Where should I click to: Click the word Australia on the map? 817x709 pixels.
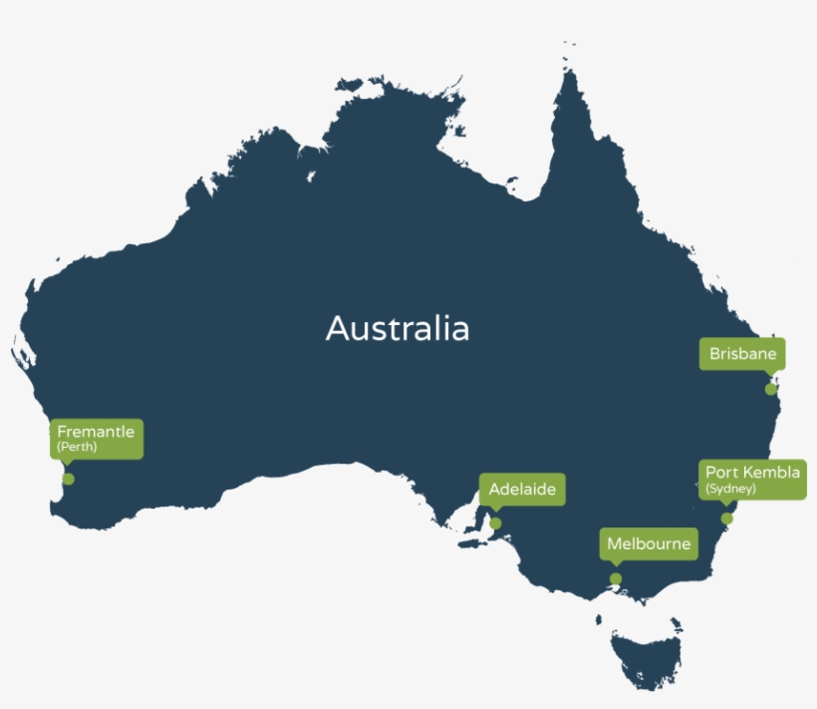pyautogui.click(x=397, y=328)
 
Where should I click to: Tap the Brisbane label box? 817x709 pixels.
pyautogui.click(x=742, y=354)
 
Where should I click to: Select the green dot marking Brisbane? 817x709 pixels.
pyautogui.click(x=770, y=389)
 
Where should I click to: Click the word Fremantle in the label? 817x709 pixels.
pyautogui.click(x=96, y=432)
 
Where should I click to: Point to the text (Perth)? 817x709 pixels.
pyautogui.click(x=77, y=448)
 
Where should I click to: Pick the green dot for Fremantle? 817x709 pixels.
pyautogui.click(x=68, y=479)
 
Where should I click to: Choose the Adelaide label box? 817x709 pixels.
pyautogui.click(x=522, y=490)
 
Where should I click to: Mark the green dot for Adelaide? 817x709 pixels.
pyautogui.click(x=495, y=524)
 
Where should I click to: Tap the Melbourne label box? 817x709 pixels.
pyautogui.click(x=649, y=545)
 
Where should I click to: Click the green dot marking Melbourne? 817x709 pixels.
pyautogui.click(x=616, y=579)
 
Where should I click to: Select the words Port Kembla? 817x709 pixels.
pyautogui.click(x=752, y=472)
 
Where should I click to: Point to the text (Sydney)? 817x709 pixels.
pyautogui.click(x=730, y=489)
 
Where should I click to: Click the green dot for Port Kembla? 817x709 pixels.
pyautogui.click(x=727, y=519)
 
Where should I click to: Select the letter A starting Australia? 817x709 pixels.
pyautogui.click(x=336, y=329)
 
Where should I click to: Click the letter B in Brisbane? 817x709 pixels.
pyautogui.click(x=714, y=354)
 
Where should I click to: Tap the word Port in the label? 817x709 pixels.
pyautogui.click(x=720, y=472)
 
